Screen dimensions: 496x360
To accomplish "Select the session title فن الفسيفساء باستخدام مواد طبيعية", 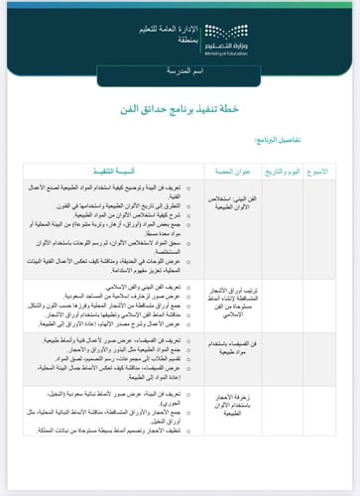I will click(236, 350).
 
